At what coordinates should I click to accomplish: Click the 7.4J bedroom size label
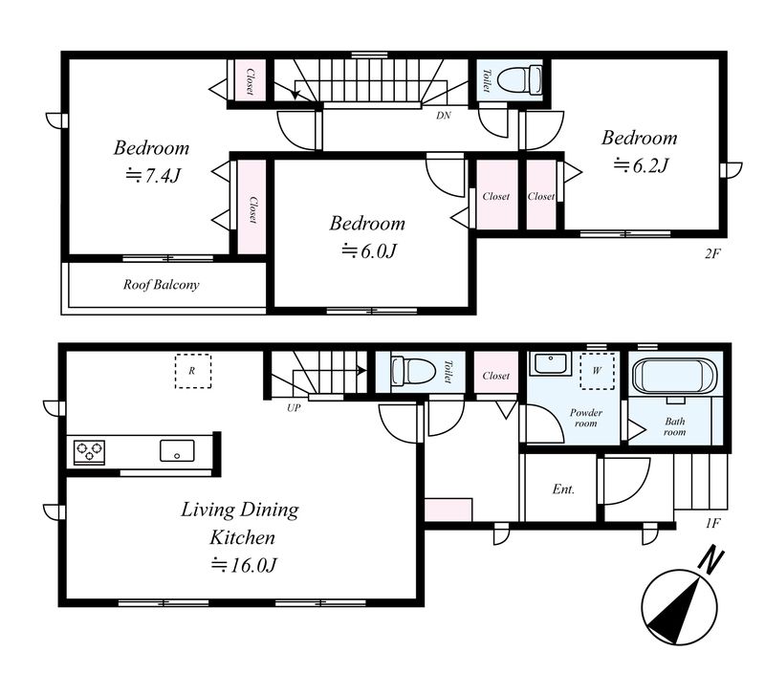154,175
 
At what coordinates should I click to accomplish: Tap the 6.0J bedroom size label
369,250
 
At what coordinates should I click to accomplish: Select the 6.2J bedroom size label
640,165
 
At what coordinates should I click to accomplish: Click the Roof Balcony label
161,284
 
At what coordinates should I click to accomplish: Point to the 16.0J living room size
244,565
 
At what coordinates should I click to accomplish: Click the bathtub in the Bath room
675,376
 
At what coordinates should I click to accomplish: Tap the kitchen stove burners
89,451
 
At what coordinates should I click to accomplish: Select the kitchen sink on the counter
177,450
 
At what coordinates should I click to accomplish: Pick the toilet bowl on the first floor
413,370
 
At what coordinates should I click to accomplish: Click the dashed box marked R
193,371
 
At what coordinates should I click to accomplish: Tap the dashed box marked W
597,371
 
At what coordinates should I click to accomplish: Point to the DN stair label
444,116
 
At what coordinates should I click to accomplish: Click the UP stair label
294,407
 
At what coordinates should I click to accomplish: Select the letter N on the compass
710,560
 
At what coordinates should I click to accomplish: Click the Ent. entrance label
563,488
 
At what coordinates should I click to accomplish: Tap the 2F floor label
712,253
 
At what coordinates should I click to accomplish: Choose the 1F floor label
712,523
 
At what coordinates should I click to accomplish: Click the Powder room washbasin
551,364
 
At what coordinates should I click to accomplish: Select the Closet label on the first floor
496,376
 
